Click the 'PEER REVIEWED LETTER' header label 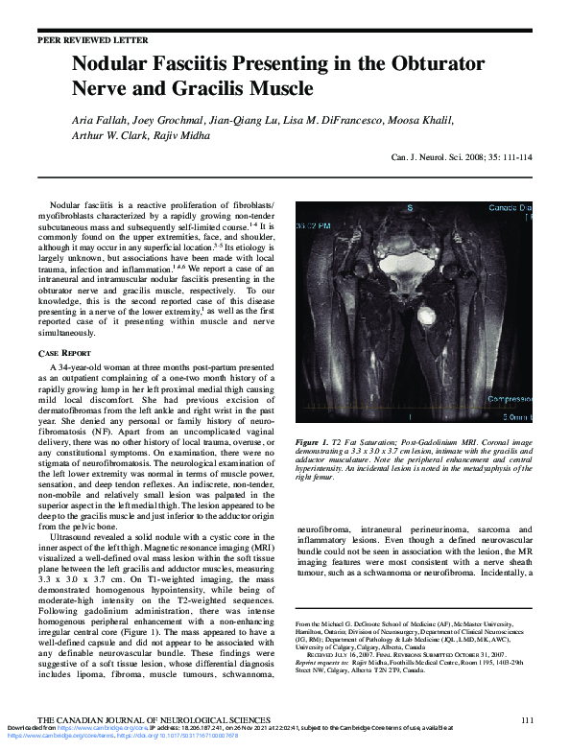(x=93, y=41)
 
